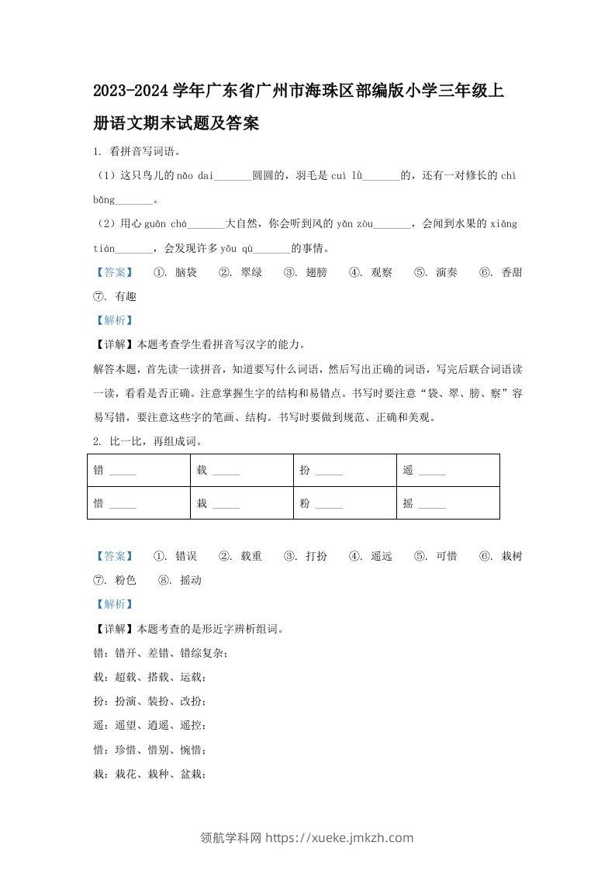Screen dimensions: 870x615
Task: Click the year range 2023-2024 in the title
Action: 135,91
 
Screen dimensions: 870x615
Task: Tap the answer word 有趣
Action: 126,296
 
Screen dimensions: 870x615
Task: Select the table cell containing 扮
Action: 344,471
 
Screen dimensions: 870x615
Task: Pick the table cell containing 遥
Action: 447,471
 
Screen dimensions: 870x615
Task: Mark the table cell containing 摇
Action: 447,503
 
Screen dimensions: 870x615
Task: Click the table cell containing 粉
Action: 344,503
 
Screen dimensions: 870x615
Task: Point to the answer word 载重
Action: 251,556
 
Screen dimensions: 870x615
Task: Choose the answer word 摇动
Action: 191,580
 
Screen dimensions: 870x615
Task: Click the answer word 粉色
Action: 126,580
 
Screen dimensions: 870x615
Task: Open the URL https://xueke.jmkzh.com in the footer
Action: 340,838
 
